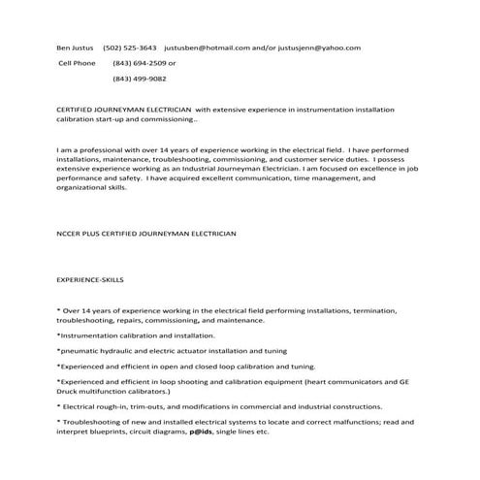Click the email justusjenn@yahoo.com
tap(326, 47)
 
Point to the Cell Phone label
tap(79, 63)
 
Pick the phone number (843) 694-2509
tap(140, 63)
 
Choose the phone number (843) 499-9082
tap(140, 79)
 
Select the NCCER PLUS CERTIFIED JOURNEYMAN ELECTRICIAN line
tap(146, 234)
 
